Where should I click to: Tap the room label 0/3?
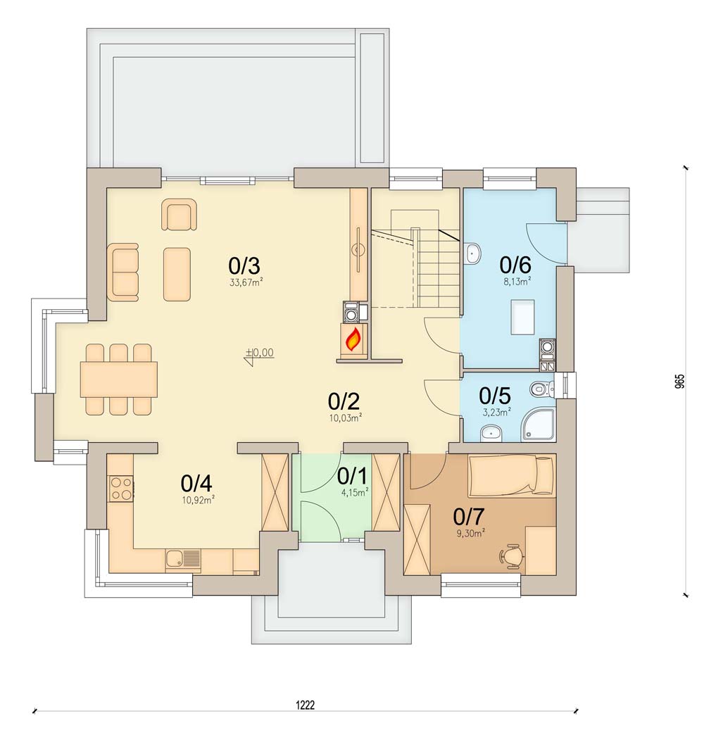tap(244, 266)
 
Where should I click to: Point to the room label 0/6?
tap(515, 265)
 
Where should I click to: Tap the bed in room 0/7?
tap(511, 475)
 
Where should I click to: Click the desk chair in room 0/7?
tap(513, 556)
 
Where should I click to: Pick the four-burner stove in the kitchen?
tap(120, 488)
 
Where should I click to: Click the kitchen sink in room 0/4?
tap(183, 560)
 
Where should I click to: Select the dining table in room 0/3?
tap(118, 380)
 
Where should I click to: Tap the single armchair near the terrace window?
tap(179, 215)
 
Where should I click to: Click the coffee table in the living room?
tap(177, 274)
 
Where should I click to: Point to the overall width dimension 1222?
tap(306, 703)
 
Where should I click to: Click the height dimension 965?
tap(679, 382)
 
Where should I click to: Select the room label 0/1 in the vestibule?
tap(351, 477)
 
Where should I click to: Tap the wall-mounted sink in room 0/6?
tap(472, 253)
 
